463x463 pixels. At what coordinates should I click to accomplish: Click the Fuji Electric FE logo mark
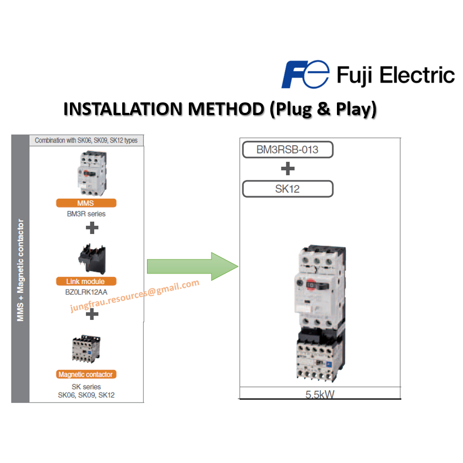304,75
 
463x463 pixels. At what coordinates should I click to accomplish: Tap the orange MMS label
85,203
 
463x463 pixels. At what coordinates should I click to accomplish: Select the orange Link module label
85,281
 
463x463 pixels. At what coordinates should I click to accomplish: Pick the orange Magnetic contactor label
85,374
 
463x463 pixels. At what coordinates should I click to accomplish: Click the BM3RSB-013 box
287,150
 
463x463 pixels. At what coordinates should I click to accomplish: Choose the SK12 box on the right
287,189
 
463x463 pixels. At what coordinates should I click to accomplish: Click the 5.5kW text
320,394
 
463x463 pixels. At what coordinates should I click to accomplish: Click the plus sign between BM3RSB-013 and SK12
287,169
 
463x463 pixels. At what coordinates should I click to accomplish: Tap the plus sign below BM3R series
92,227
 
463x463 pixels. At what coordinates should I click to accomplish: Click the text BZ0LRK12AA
86,292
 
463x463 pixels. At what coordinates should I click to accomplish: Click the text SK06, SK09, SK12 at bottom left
86,395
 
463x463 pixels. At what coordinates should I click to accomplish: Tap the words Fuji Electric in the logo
395,75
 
